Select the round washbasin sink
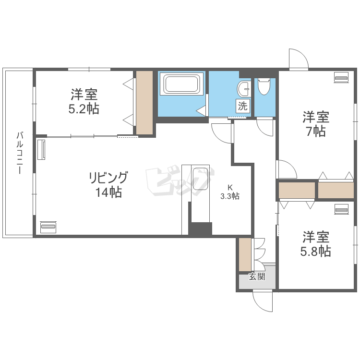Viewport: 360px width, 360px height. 244,89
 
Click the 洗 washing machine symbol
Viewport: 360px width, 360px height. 243,106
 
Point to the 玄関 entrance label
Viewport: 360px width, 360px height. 257,276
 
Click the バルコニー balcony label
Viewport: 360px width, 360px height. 20,153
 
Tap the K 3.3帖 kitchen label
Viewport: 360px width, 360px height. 230,192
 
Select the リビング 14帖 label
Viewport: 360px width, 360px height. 108,184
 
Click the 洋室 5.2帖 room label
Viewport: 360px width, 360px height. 84,101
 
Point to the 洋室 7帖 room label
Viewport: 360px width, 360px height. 316,124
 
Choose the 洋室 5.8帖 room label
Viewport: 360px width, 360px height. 316,244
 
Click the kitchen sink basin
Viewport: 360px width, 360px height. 200,179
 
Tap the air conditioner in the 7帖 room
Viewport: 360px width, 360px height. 341,77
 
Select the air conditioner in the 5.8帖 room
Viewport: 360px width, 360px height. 341,209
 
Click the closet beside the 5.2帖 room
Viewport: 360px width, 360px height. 144,102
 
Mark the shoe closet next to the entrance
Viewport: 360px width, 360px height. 245,254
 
